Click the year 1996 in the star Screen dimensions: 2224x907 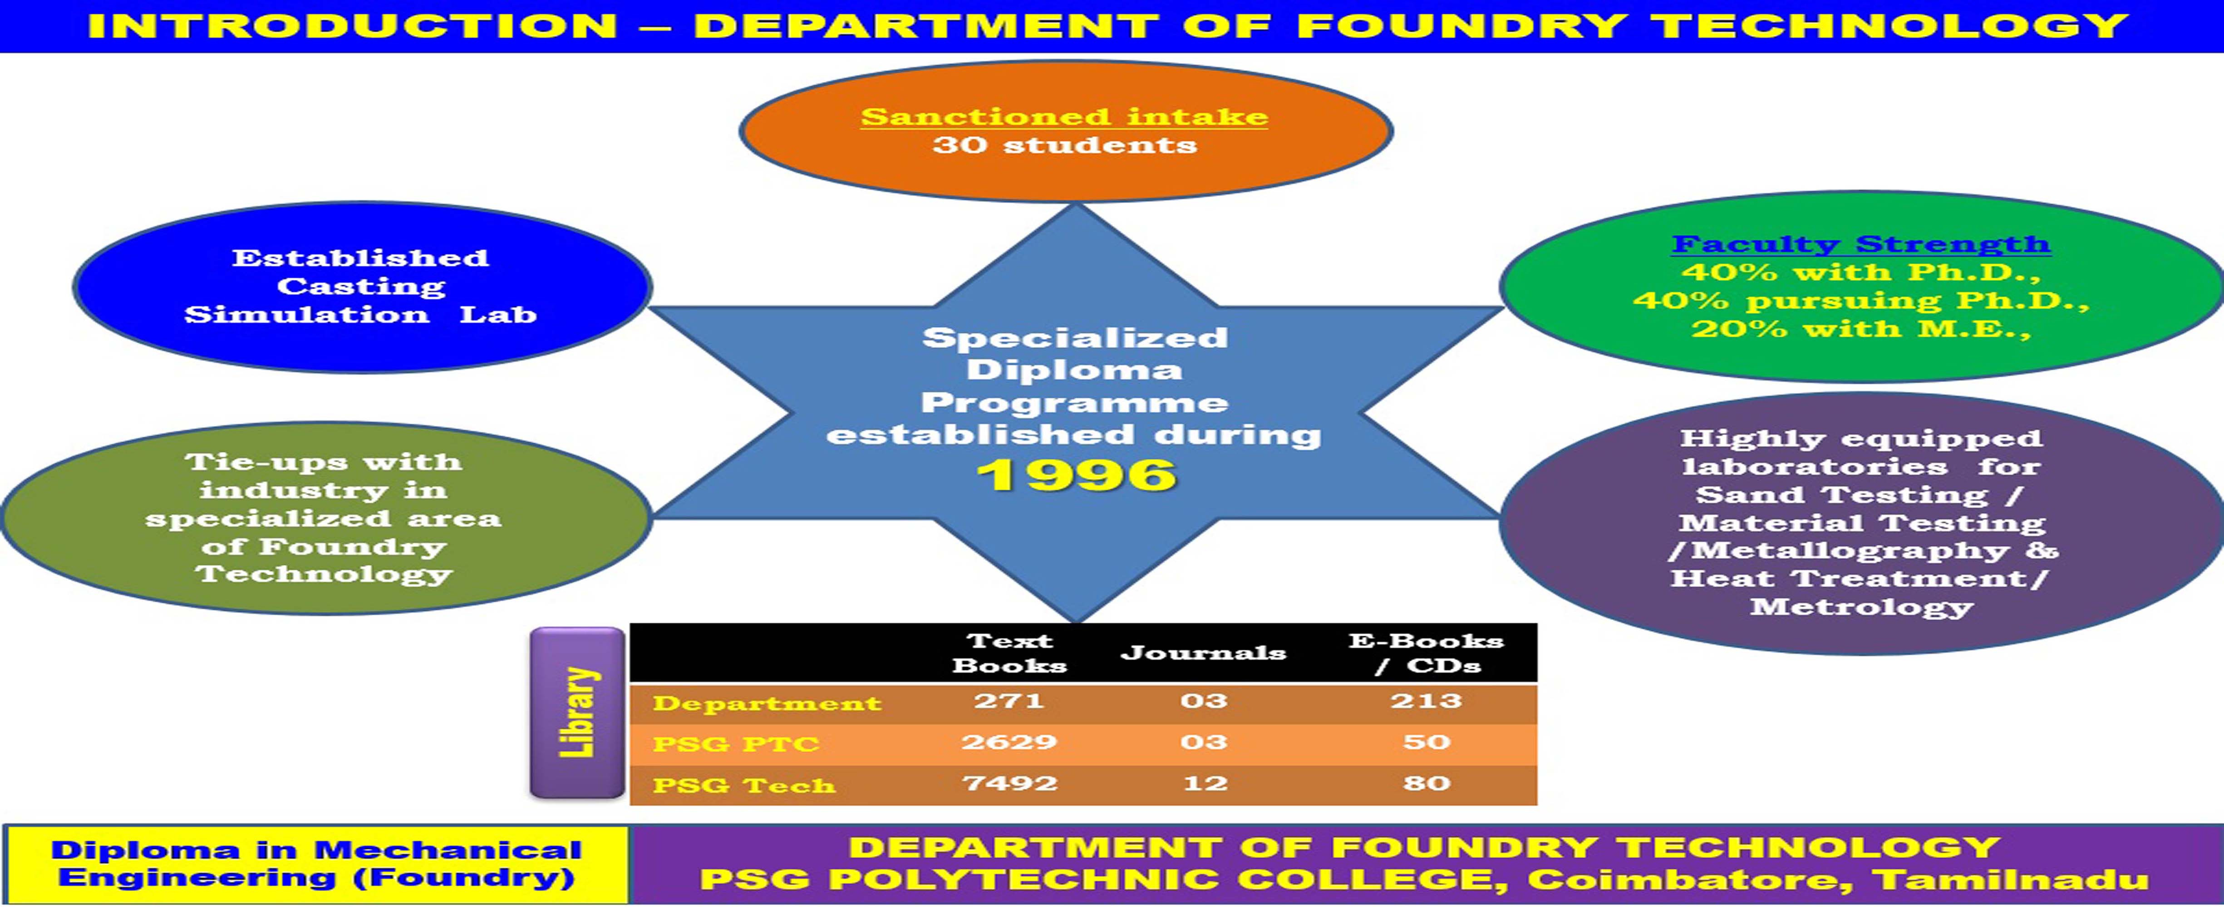click(1077, 475)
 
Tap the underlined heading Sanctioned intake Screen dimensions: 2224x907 click(1064, 117)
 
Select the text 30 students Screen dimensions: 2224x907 click(1064, 145)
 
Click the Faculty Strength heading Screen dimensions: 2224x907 click(1861, 244)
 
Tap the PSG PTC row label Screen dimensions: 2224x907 click(736, 744)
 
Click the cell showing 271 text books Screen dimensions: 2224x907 click(1009, 701)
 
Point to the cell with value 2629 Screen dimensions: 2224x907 click(1009, 742)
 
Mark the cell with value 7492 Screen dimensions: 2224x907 click(1009, 784)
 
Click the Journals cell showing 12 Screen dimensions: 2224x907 click(1205, 784)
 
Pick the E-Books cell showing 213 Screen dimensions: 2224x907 click(1426, 701)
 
